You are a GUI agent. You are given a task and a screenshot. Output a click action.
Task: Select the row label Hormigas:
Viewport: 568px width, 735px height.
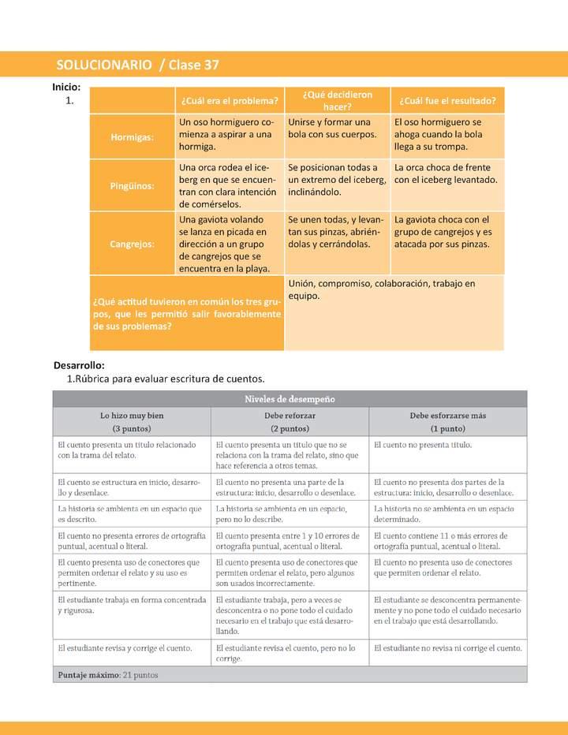pos(133,136)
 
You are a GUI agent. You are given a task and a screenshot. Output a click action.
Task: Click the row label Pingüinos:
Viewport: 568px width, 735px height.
pos(133,186)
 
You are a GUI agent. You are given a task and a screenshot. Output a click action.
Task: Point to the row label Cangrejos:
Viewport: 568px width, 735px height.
pos(133,244)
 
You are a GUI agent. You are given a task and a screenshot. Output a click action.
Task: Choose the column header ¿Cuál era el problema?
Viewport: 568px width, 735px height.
pos(230,100)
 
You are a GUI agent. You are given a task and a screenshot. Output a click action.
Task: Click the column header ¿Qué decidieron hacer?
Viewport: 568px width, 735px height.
pos(338,100)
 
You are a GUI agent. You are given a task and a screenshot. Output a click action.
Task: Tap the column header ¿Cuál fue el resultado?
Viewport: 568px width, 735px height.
pos(447,100)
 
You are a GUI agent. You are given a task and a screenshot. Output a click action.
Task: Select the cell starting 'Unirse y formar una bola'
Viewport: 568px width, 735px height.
pos(337,129)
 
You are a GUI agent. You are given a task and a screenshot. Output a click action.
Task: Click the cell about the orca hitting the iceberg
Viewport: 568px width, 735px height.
pos(447,173)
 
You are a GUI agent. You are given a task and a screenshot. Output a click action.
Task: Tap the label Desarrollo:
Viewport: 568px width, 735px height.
pos(79,365)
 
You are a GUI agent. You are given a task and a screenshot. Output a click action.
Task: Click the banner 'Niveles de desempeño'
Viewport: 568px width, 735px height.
pos(290,399)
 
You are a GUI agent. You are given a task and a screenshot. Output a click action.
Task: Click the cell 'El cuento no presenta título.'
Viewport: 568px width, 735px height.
pos(423,445)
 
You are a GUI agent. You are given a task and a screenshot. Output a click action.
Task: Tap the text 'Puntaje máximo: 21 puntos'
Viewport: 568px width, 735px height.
pos(108,675)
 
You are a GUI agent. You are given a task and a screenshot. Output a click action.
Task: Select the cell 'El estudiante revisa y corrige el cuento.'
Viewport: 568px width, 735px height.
pos(125,648)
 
